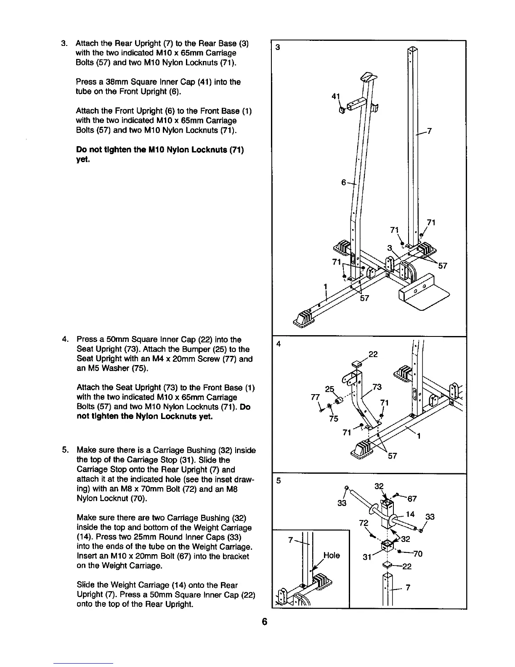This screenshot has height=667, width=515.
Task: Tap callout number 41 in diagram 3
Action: pos(335,96)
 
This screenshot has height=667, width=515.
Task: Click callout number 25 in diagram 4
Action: pos(330,388)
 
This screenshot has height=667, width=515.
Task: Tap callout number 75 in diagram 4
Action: pos(333,419)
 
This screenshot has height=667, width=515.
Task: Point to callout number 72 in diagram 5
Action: pos(364,523)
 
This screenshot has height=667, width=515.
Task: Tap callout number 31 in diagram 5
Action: pos(367,558)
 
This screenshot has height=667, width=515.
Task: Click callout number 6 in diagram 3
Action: pos(343,182)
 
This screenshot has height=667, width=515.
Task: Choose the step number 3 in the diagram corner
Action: pos(277,48)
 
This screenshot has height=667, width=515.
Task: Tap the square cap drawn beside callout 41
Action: pos(342,110)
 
